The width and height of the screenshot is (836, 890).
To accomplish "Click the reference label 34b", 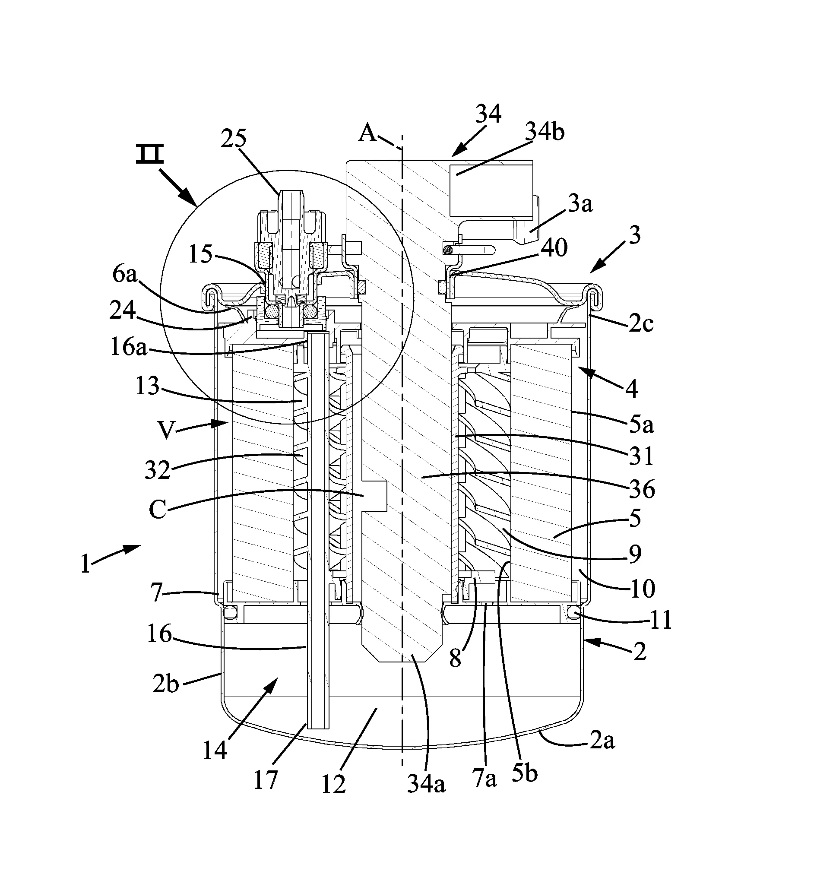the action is (x=545, y=132).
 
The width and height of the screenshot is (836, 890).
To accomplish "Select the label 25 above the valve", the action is (x=234, y=138).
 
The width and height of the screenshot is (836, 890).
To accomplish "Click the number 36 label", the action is (x=642, y=489).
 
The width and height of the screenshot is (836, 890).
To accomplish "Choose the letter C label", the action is (x=158, y=509).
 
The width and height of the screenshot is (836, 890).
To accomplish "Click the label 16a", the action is (x=129, y=347).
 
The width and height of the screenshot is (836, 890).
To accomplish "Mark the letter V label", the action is (x=166, y=431).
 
